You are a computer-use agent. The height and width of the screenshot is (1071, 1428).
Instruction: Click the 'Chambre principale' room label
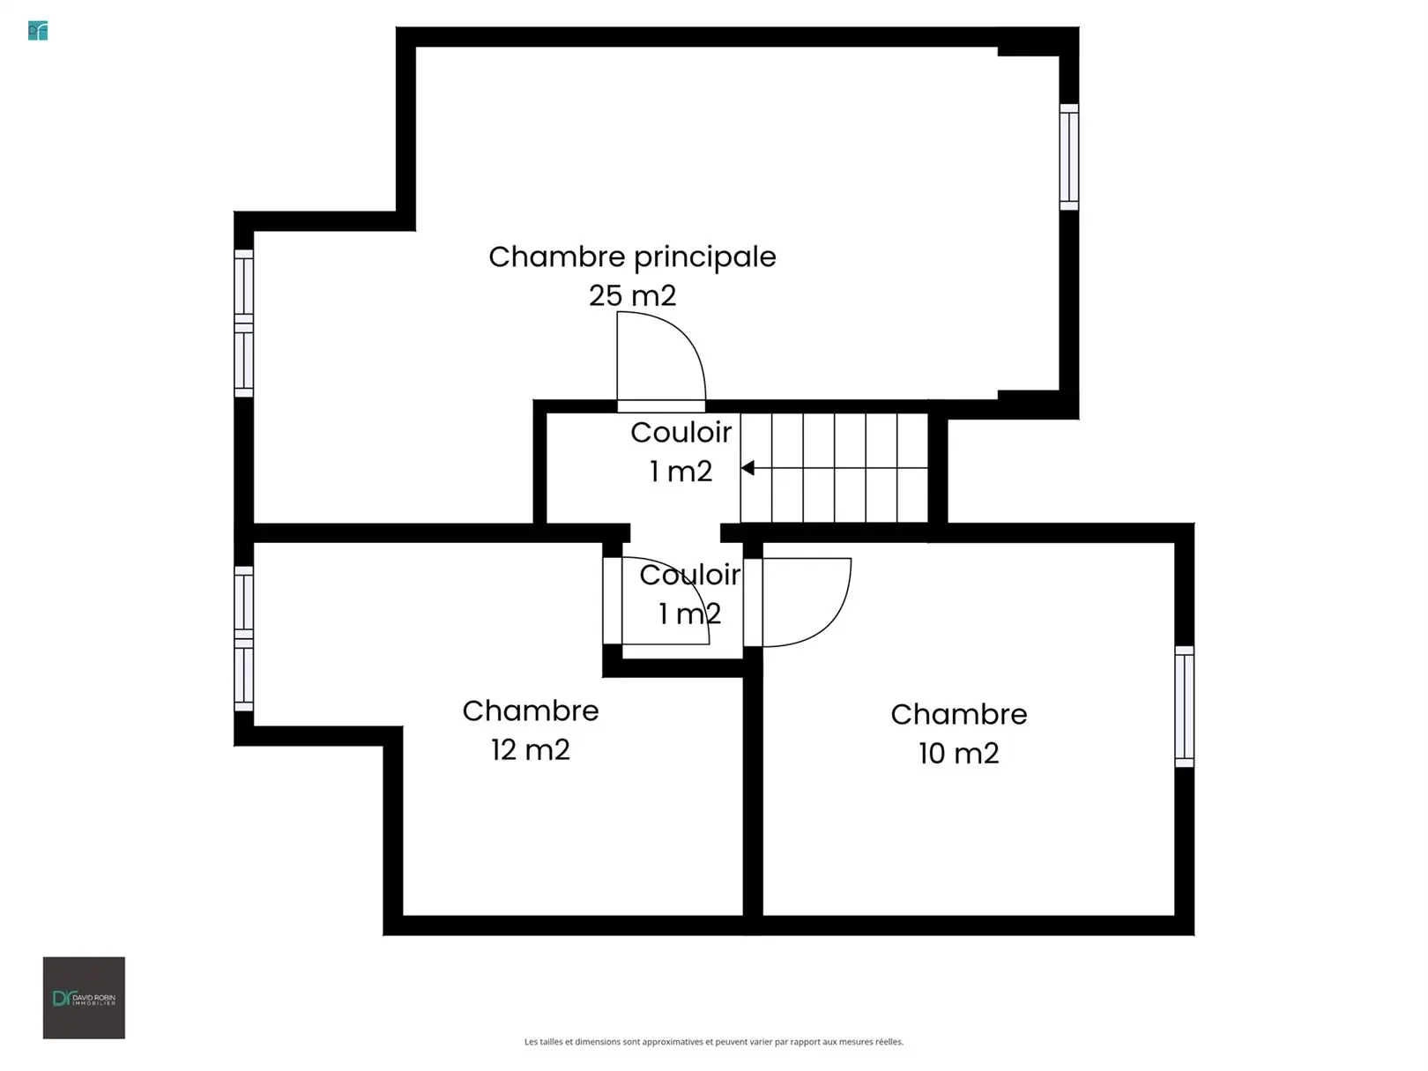(x=632, y=257)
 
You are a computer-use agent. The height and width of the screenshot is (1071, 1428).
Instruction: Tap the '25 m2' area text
(x=632, y=296)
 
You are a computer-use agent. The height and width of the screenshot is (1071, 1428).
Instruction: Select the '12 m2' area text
(x=531, y=750)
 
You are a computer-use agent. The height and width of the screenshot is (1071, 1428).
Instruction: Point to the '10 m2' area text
(x=958, y=753)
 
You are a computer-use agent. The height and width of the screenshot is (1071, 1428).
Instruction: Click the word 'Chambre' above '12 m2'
(x=531, y=710)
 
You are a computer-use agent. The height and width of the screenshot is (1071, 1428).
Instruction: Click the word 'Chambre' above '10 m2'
(x=958, y=714)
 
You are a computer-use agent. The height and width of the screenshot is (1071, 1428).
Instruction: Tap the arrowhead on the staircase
(x=747, y=467)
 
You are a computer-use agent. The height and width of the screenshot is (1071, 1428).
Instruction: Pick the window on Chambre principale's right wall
(x=1068, y=157)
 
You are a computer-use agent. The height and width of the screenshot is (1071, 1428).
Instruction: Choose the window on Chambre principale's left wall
(x=244, y=324)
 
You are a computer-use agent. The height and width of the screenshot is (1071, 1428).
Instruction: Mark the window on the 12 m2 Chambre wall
(x=244, y=638)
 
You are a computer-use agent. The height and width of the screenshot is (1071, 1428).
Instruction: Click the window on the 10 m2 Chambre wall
(x=1184, y=706)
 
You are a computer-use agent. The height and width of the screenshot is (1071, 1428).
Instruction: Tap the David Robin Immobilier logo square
(x=84, y=998)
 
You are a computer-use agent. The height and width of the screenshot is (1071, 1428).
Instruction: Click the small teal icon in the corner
(x=38, y=31)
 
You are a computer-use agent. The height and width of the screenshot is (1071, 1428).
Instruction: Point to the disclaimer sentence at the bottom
(x=714, y=1042)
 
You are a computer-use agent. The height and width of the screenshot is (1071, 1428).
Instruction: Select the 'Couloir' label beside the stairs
(x=681, y=433)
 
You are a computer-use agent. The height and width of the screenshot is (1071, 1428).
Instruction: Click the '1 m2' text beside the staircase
(x=681, y=472)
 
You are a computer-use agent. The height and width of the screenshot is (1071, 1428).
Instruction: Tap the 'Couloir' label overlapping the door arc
(x=689, y=575)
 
